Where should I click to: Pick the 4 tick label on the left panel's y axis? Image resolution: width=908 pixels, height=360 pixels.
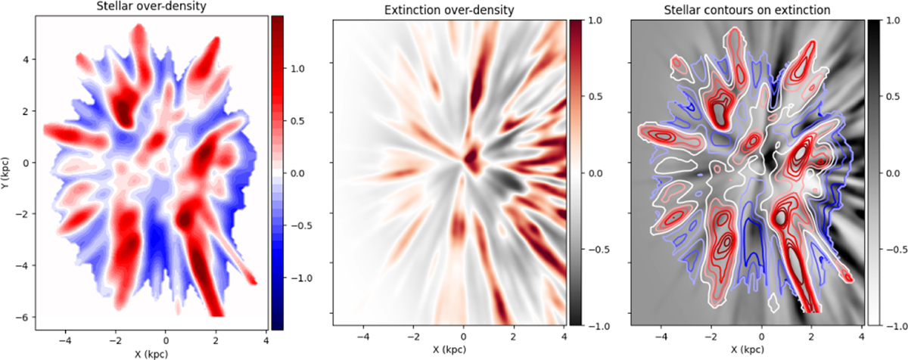click(26, 59)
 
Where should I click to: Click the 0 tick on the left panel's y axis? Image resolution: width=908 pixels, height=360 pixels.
click(26, 163)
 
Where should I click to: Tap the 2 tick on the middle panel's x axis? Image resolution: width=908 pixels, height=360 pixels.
click(513, 337)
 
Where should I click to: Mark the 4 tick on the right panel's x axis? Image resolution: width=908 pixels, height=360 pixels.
click(861, 337)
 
